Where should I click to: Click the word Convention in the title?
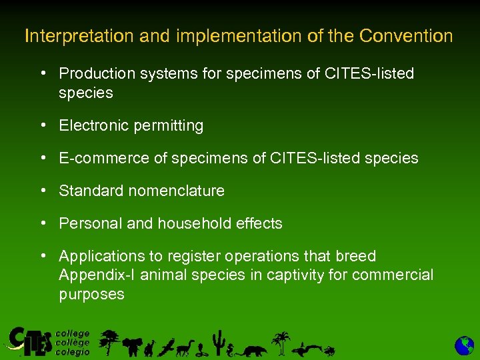[x=406, y=36]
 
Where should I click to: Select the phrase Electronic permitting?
[x=131, y=125]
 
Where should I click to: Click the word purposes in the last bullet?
[x=91, y=295]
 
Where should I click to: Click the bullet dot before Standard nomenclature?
[x=42, y=191]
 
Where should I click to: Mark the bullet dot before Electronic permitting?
[x=42, y=125]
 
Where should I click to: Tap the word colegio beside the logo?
[x=72, y=352]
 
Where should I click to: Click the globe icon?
[x=464, y=345]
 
